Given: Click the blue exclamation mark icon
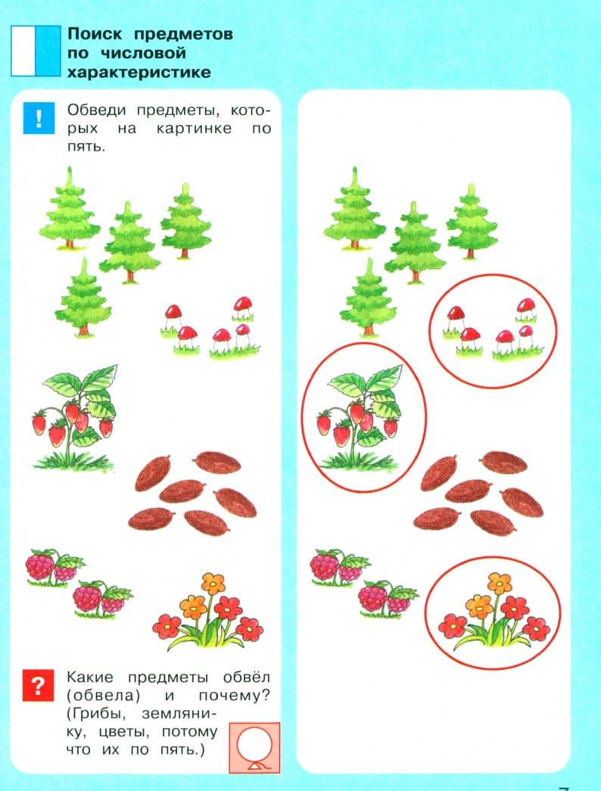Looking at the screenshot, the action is click(x=39, y=118).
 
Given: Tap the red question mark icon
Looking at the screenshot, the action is click(x=38, y=686).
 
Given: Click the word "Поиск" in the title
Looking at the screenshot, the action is click(x=95, y=34).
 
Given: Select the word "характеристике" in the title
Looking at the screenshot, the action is click(x=139, y=72).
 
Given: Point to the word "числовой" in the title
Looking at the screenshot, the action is click(x=143, y=53).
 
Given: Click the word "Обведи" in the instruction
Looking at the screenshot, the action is click(x=96, y=110).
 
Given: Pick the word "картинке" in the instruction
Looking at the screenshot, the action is click(x=195, y=129).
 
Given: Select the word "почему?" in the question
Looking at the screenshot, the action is click(x=234, y=696).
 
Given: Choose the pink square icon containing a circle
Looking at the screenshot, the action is click(x=254, y=748).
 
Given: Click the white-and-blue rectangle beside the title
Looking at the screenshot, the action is click(x=36, y=51).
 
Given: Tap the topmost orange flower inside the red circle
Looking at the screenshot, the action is click(x=499, y=584).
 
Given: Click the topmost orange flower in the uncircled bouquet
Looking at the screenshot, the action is click(x=213, y=584).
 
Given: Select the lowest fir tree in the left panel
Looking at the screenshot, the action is click(x=83, y=297).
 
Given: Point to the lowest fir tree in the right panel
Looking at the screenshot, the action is click(x=369, y=297).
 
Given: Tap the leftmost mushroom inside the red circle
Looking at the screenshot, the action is click(x=455, y=319).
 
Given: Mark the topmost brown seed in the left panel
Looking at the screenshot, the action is click(x=218, y=462).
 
